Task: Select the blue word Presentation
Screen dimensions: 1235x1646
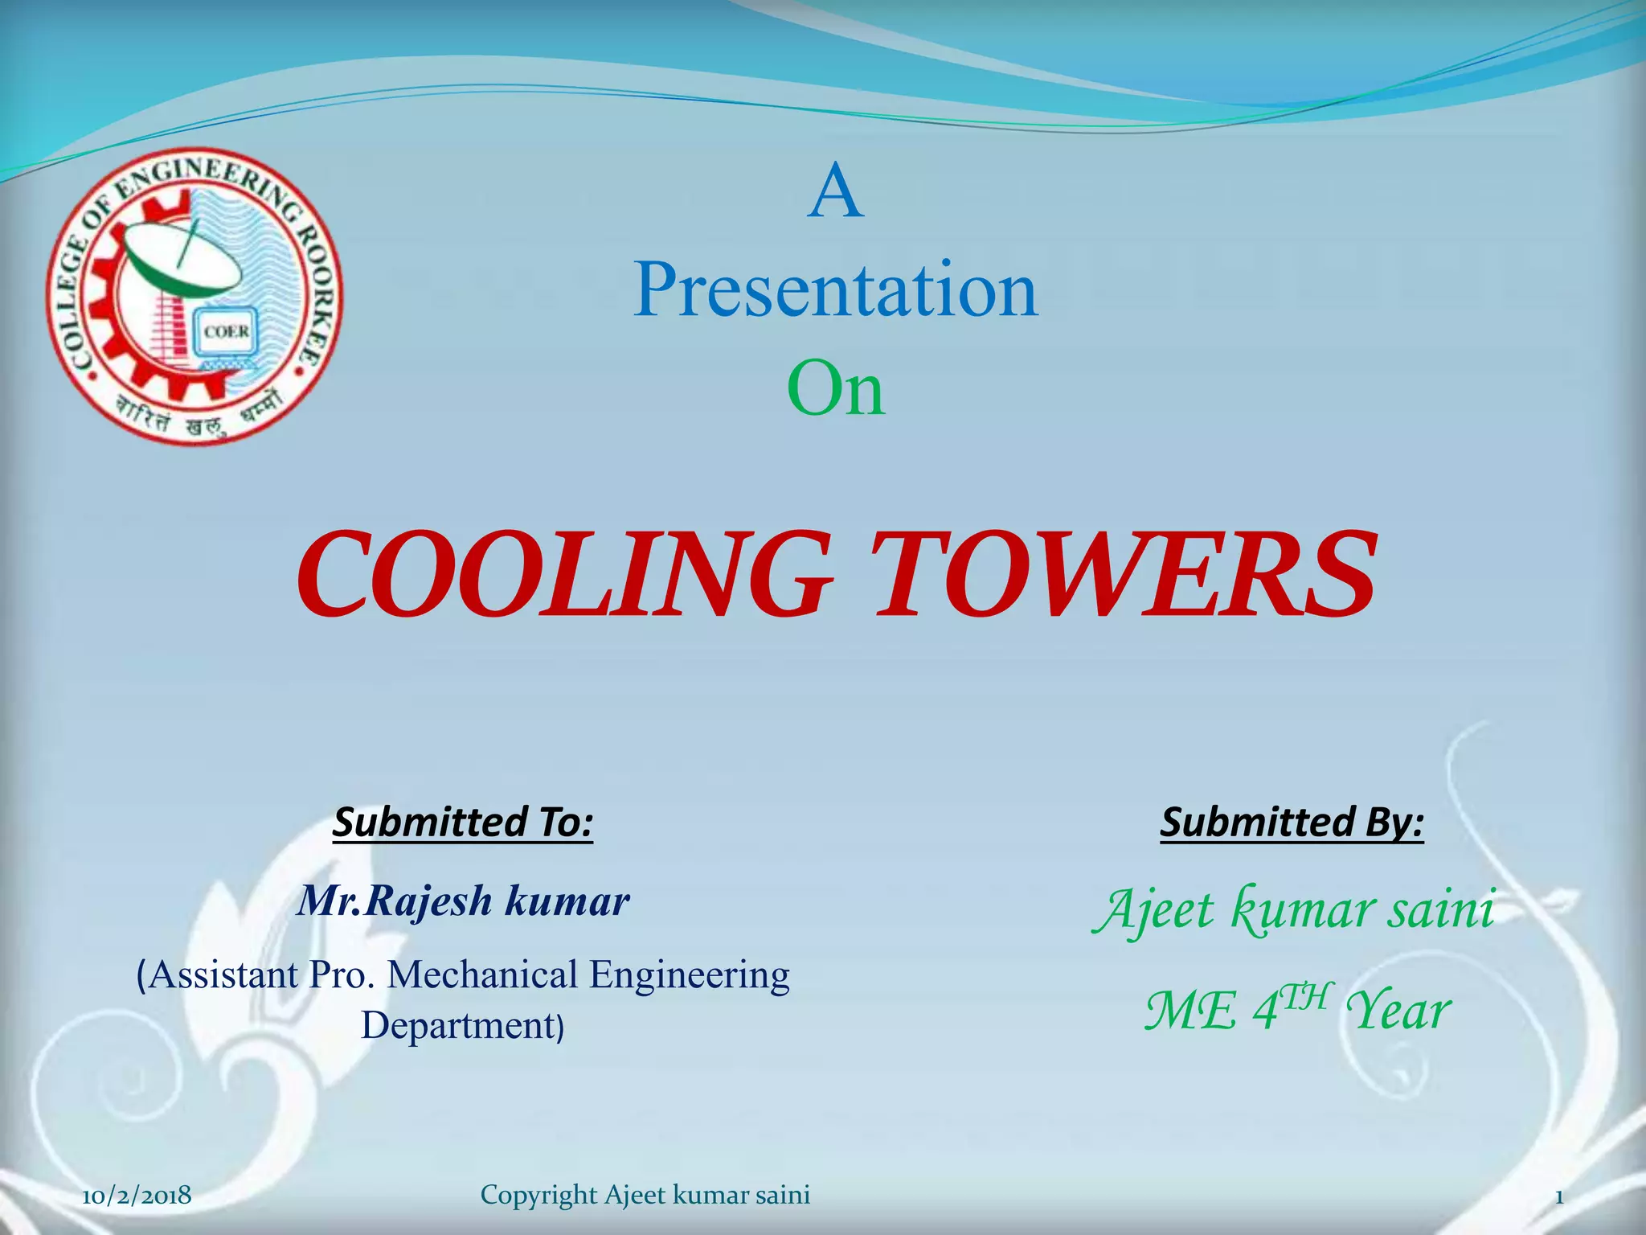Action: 836,291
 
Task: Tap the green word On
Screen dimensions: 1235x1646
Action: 836,390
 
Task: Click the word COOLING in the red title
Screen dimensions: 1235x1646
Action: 563,575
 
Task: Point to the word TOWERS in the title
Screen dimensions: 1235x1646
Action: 1125,575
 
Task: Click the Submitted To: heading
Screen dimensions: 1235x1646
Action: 463,823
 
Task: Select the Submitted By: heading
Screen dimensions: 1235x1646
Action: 1292,823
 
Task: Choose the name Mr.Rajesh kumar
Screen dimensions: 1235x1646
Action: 463,901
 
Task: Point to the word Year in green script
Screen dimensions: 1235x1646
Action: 1398,1011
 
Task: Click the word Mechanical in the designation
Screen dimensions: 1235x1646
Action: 482,975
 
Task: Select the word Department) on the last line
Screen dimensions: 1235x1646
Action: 463,1026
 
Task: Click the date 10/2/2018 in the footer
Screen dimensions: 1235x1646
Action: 137,1196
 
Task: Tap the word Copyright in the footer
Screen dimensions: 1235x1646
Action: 538,1196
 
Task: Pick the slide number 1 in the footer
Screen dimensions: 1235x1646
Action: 1559,1196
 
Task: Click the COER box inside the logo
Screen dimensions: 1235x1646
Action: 226,332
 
